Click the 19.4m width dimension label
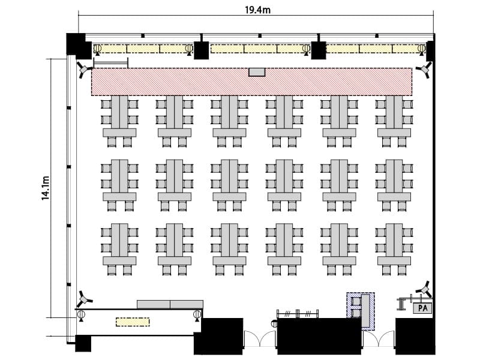pos(257,10)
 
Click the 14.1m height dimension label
pos(46,188)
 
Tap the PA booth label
pos(422,308)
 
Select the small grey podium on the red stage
pos(257,72)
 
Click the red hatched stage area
pos(251,82)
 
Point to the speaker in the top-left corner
pos(83,70)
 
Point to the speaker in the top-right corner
pos(425,70)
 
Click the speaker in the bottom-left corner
pos(83,299)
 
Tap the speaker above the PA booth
pos(425,289)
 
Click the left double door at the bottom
pos(260,338)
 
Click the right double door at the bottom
pos(379,338)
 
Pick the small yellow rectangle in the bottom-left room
pos(133,322)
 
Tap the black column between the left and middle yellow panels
pos(202,50)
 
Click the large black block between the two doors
pos(319,336)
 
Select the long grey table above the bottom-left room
pos(170,304)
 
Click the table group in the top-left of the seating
pos(119,121)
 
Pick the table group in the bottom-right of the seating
pos(394,249)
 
